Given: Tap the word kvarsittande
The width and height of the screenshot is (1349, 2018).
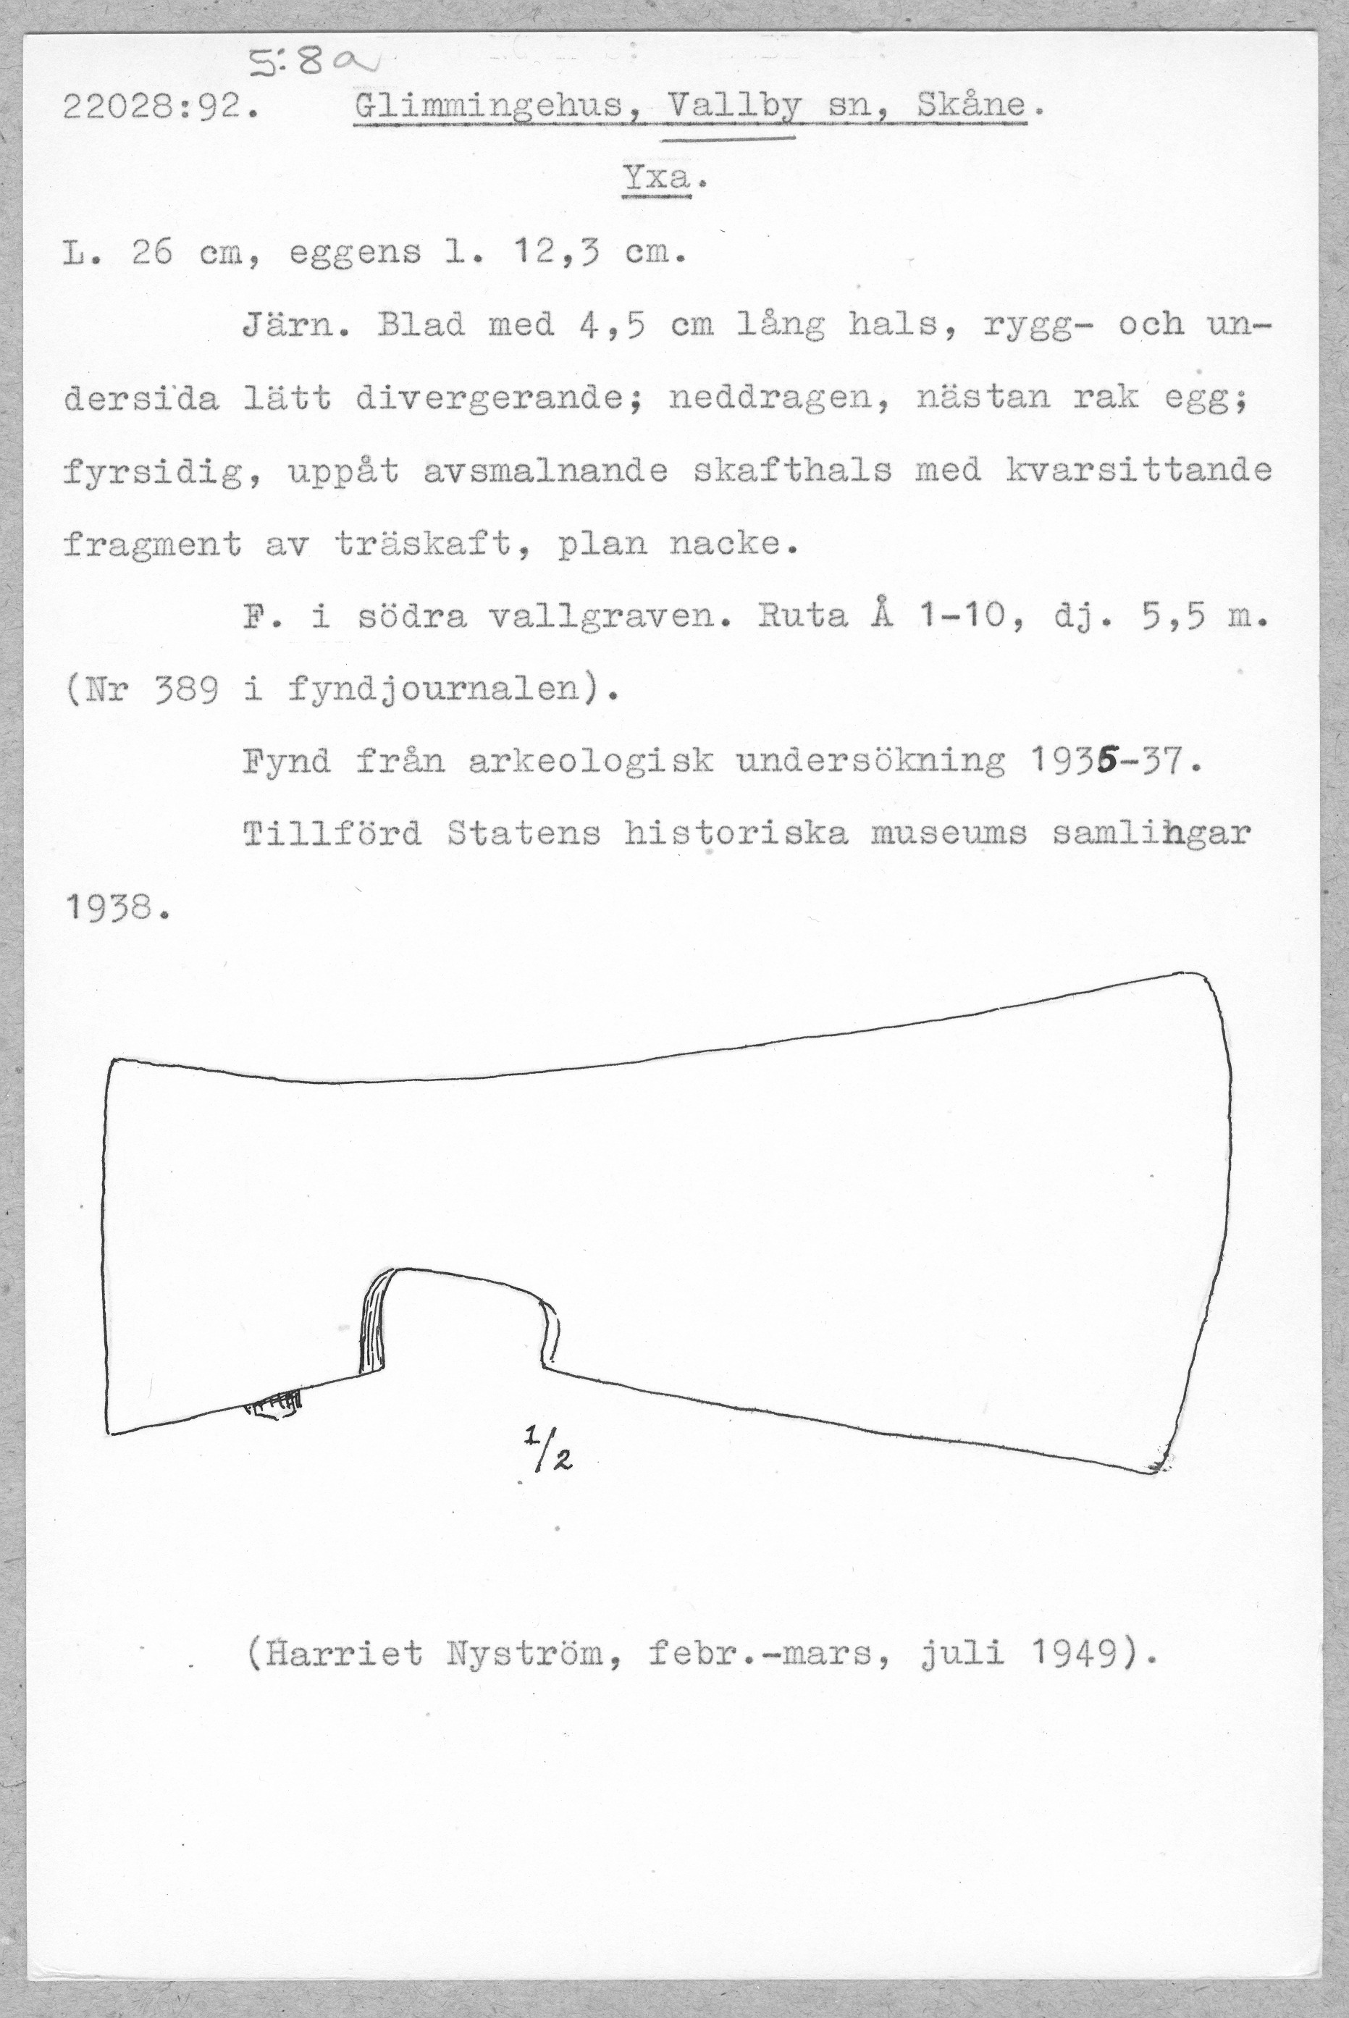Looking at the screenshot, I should point(1135,471).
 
